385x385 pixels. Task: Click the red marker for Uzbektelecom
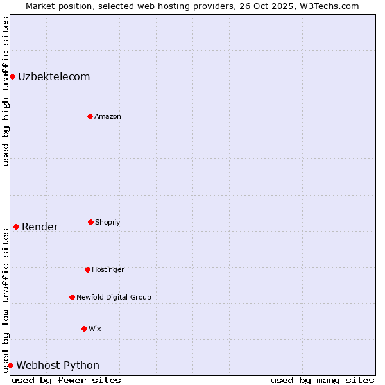[x=12, y=76]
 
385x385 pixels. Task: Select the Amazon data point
[x=90, y=116]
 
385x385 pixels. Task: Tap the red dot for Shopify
[x=90, y=222]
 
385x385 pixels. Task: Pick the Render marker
[x=16, y=227]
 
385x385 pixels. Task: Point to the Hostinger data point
[x=87, y=269]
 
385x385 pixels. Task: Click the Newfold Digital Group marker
[x=72, y=297]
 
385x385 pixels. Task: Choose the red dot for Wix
[x=84, y=329]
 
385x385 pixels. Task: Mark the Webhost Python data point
[x=10, y=365]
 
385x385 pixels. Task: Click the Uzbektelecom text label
[x=54, y=76]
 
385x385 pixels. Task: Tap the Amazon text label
[x=108, y=116]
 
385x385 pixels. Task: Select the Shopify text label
[x=108, y=222]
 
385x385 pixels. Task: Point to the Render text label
[x=40, y=227]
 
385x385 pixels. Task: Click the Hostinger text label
[x=108, y=269]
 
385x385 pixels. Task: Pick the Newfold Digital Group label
[x=114, y=297]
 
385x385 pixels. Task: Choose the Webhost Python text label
[x=58, y=365]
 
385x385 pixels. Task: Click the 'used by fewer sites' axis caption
[x=66, y=380]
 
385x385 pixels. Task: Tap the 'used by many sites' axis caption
[x=322, y=380]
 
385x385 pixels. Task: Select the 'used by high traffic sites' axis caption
[x=6, y=91]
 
